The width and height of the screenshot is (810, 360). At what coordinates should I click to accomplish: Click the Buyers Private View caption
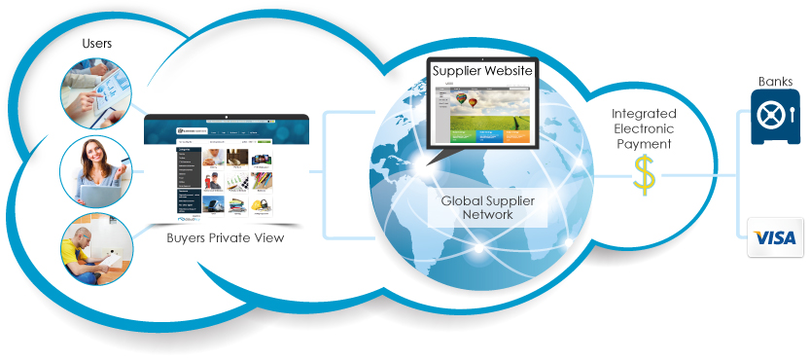[x=225, y=237]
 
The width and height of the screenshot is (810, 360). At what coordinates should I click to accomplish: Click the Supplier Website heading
[x=483, y=72]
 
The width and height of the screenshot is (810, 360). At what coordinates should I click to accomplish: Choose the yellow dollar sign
[x=644, y=175]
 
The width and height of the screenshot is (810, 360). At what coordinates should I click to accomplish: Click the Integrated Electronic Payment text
[x=644, y=129]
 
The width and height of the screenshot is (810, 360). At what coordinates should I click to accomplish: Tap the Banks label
[x=775, y=82]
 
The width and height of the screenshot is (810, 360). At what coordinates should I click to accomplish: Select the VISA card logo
[x=775, y=238]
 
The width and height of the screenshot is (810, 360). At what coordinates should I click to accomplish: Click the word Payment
[x=644, y=145]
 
